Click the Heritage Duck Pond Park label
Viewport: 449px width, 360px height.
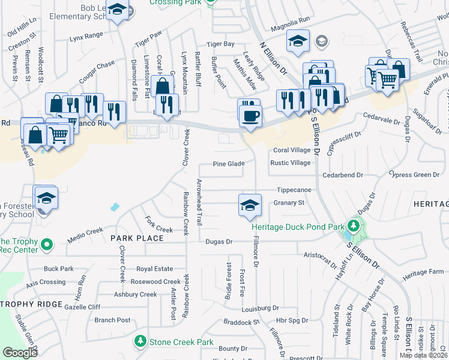click(x=298, y=227)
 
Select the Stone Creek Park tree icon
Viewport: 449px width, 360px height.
click(x=140, y=341)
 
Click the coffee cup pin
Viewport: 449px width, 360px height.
click(x=251, y=115)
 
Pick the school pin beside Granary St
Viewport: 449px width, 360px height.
click(x=250, y=205)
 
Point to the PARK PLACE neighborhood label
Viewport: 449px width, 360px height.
click(x=137, y=238)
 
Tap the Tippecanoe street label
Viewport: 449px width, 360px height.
click(x=294, y=190)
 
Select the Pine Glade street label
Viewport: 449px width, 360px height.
click(x=229, y=164)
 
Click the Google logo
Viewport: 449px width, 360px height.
click(x=20, y=352)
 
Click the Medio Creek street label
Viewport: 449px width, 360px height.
click(x=85, y=230)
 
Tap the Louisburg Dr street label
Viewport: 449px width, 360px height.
click(x=261, y=308)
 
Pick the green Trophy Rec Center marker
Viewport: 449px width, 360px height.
click(x=45, y=245)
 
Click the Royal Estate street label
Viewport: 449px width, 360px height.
click(x=154, y=269)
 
